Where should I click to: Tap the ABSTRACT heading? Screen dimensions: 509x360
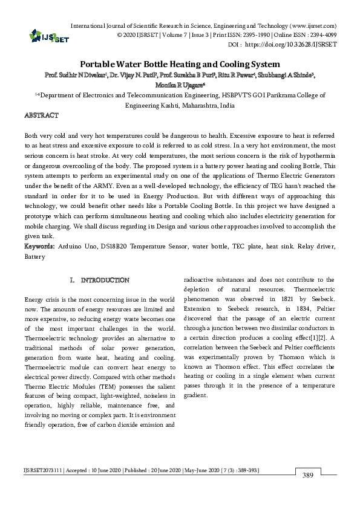(x=41, y=115)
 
